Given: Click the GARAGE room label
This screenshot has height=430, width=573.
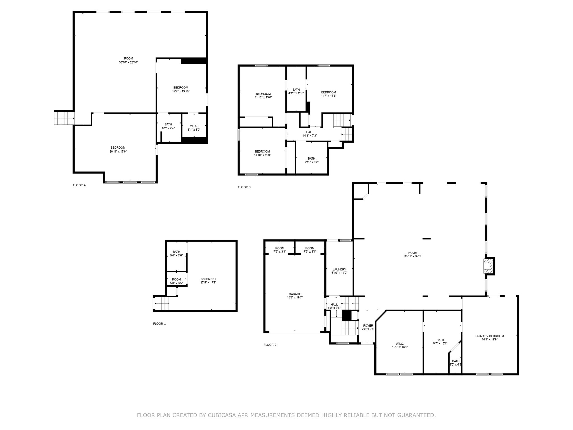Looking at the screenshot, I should point(295,294).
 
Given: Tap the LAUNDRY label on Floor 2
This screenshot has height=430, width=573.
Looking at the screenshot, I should point(339,269).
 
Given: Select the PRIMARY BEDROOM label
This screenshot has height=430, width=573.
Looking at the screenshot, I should point(489,336).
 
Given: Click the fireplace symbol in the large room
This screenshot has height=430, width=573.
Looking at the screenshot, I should point(487,266).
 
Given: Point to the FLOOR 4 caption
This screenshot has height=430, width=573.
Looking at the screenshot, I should point(79,185).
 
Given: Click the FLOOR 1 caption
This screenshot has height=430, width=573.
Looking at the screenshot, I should point(159,324).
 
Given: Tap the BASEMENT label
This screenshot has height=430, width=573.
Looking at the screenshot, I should point(208,279).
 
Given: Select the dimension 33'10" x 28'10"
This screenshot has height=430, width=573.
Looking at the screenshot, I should point(128,62).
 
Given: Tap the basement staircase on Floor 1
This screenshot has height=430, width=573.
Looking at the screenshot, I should point(161,304).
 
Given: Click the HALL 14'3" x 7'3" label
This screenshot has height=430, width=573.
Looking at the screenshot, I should point(309,134).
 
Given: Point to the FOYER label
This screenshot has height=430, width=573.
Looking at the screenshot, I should point(368,326).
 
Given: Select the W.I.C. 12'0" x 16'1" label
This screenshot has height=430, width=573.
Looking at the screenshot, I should point(400,343).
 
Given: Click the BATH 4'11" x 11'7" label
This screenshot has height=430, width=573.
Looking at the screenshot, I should point(296,90).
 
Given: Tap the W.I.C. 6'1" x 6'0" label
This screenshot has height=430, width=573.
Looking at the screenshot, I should point(194,126).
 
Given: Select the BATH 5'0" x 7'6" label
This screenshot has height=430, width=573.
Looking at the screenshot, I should point(176,252).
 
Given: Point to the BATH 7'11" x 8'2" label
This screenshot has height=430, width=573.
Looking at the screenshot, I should point(311,158).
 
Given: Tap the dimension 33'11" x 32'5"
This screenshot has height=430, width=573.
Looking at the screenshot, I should point(413,256).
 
